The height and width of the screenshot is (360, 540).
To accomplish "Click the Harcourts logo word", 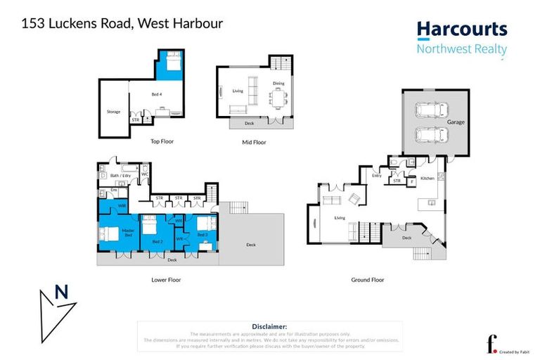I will [x=461, y=29].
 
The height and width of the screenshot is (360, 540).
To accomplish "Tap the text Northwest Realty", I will [x=461, y=49].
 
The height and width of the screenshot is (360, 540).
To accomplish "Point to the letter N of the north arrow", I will [x=63, y=292].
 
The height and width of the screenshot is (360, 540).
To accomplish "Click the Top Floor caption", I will [x=162, y=141].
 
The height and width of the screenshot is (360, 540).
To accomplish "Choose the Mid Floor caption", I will [x=254, y=141].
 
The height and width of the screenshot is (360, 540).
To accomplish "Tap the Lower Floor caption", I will [x=166, y=279].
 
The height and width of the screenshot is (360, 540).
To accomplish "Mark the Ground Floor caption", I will [x=368, y=279].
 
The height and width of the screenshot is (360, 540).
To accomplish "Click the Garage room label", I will [x=456, y=122].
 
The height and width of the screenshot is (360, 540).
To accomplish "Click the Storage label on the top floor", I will [x=113, y=112].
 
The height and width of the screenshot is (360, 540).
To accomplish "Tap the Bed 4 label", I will [x=157, y=94].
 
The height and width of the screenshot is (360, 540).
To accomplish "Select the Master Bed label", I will [x=128, y=233].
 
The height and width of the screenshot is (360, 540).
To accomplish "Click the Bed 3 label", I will [x=202, y=234].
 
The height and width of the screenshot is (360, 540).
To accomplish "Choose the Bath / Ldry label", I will [x=121, y=175].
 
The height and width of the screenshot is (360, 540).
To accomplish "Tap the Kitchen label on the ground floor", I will [x=427, y=179].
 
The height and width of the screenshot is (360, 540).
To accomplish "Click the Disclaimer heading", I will [x=269, y=326].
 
